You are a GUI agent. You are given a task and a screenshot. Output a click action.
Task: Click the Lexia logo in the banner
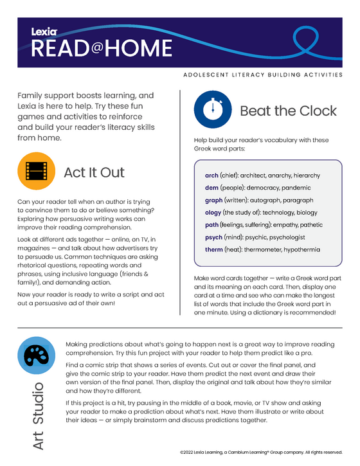pos(44,30)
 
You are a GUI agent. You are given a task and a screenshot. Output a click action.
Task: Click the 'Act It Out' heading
pos(94,172)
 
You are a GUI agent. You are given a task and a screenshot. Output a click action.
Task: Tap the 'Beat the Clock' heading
pos(288,111)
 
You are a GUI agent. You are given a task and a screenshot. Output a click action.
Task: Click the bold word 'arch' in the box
pos(212,175)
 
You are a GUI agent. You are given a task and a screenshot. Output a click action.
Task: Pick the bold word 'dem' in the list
pos(212,188)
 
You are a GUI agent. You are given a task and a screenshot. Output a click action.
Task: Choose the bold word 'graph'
pos(213,200)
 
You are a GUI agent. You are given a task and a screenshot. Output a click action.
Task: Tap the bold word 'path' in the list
pos(212,225)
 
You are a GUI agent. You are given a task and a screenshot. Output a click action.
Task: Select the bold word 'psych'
pos(213,237)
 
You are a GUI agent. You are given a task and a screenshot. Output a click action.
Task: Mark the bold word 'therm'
pos(214,249)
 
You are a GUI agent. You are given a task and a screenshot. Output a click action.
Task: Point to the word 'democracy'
pos(265,188)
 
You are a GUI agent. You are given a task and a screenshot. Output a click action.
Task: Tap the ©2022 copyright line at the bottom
pos(262,453)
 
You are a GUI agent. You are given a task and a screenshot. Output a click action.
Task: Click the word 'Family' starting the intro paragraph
pos(33,94)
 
